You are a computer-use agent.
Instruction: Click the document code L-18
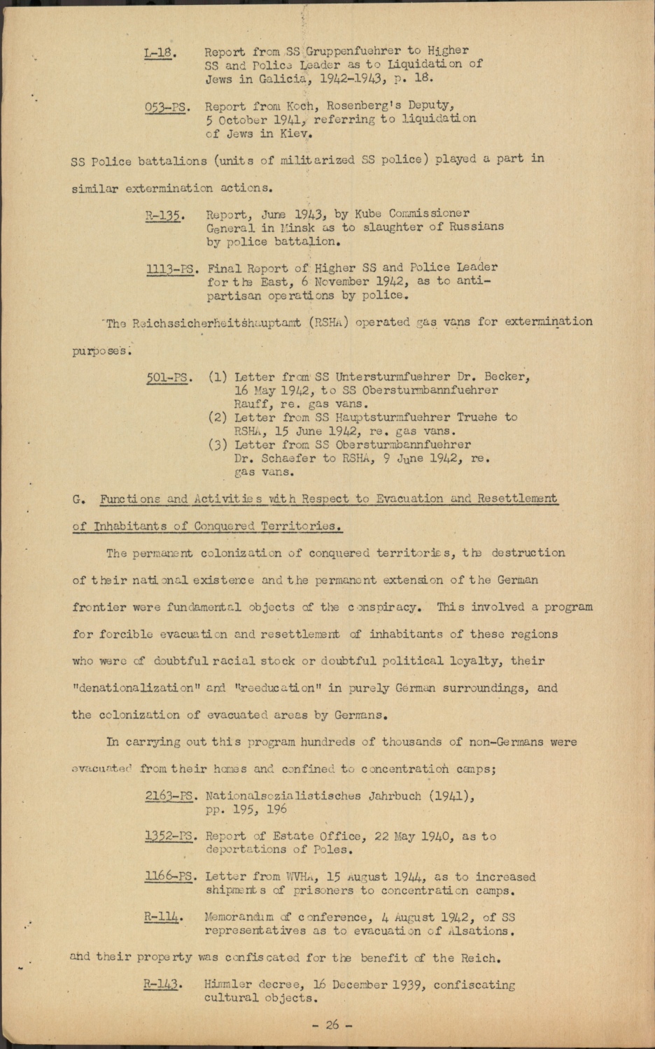(x=158, y=52)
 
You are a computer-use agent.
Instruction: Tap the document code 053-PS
(x=166, y=107)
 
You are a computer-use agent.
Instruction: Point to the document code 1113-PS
(x=169, y=269)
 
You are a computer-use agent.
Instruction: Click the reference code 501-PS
(x=169, y=378)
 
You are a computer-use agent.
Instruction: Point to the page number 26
(x=332, y=1025)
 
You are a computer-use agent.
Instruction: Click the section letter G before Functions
(x=77, y=499)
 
